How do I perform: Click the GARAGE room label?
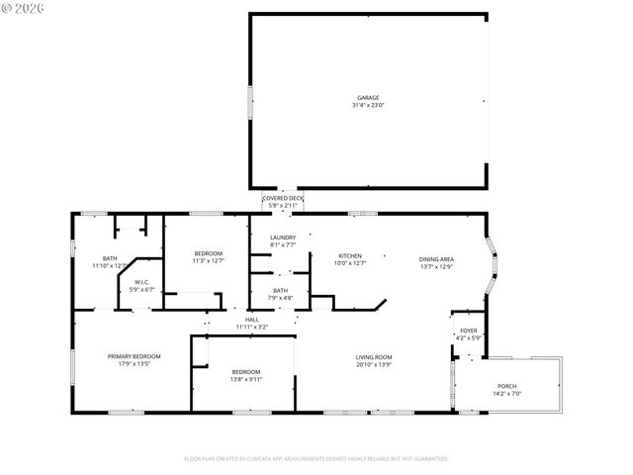coord(367,98)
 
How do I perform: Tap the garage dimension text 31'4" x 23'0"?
coord(367,105)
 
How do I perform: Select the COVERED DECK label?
coord(283,199)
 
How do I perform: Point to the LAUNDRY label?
coord(283,237)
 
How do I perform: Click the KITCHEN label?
coord(350,256)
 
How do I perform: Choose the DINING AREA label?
coord(436,258)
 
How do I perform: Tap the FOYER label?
coord(468,331)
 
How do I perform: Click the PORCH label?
coord(506,386)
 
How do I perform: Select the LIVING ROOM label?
coord(375,357)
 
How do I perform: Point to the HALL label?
coord(252,320)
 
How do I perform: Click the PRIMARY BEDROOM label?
coord(134,356)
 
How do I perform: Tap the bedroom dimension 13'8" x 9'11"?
coord(244,378)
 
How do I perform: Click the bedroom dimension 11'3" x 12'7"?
coord(208,261)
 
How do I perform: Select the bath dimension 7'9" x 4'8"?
coord(281,298)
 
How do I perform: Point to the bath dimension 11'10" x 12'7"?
coord(109,265)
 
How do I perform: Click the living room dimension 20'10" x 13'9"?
coord(375,364)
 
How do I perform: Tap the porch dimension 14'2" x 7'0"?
coord(506,393)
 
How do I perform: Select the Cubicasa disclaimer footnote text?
coord(316,459)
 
